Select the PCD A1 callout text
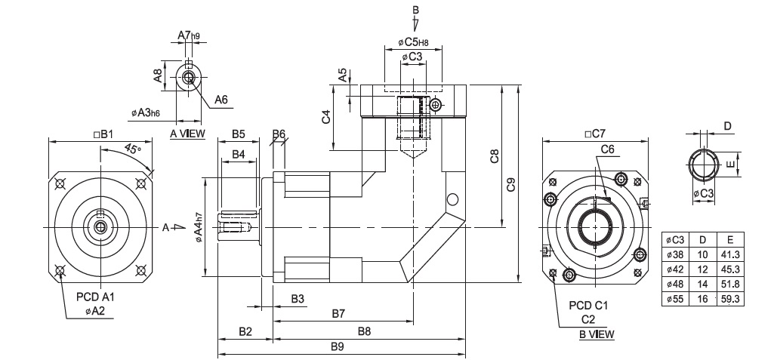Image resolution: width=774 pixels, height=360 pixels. click(x=95, y=297)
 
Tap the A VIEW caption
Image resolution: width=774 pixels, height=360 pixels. click(x=187, y=134)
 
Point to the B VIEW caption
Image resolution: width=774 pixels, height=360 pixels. click(x=597, y=334)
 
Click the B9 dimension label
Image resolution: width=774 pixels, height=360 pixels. click(x=337, y=346)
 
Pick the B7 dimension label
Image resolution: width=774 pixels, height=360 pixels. click(x=338, y=313)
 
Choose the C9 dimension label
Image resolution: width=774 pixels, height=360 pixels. click(x=511, y=184)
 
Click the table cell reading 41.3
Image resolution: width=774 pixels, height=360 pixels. click(x=729, y=254)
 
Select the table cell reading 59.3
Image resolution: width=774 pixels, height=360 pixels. click(x=729, y=299)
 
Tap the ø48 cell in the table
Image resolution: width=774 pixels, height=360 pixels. click(x=675, y=284)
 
